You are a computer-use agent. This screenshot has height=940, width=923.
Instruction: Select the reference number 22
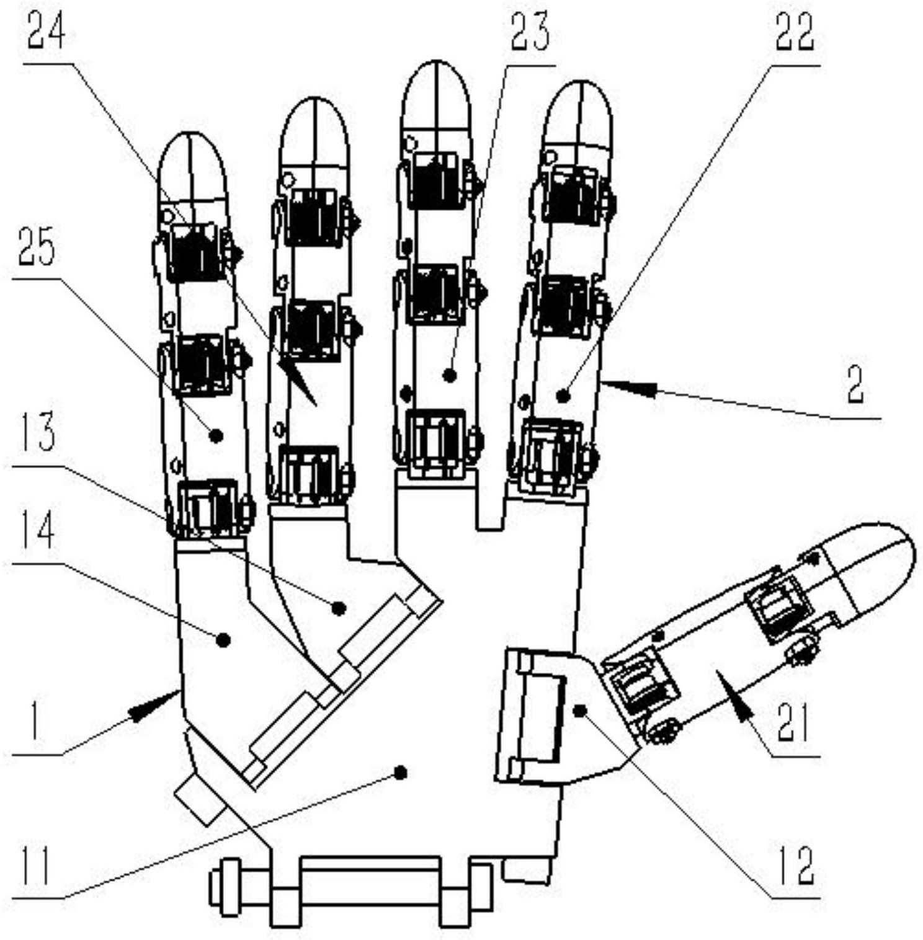point(796,32)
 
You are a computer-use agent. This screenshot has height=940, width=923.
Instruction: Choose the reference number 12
point(795,866)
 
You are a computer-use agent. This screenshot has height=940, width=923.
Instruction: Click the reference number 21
point(794,724)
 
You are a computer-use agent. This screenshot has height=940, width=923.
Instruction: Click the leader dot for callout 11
point(401,772)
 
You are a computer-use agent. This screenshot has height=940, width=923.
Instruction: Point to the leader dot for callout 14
point(224,639)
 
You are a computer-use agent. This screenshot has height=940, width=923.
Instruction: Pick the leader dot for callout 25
point(216,436)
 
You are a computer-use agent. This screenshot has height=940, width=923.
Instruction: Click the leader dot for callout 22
point(563,396)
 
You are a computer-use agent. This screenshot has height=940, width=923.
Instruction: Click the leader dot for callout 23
point(451,375)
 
